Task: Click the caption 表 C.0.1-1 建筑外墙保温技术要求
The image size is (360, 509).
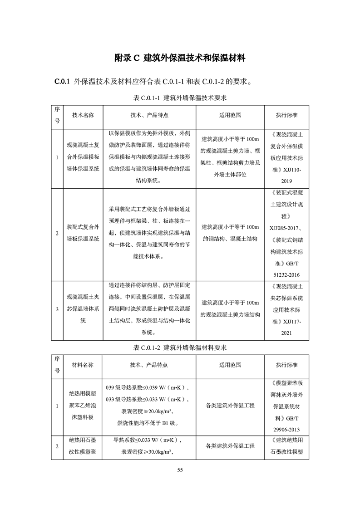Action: pos(180,98)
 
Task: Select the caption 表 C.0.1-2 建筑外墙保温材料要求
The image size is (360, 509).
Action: pos(180,347)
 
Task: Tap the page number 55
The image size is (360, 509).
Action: pos(180,470)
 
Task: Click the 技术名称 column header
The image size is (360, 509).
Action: pos(83,115)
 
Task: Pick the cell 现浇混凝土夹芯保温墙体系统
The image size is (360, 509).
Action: pos(83,309)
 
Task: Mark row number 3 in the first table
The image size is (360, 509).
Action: pos(57,309)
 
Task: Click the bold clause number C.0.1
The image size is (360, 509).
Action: pos(61,82)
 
